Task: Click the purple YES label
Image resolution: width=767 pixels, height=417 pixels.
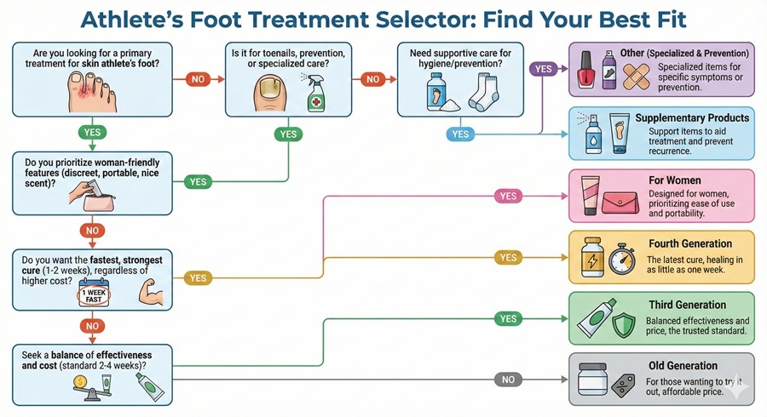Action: tap(544, 67)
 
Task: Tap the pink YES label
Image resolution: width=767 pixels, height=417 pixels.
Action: tap(508, 197)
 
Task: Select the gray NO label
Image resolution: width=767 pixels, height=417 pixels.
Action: tap(508, 380)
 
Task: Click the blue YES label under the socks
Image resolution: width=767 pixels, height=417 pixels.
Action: tap(461, 134)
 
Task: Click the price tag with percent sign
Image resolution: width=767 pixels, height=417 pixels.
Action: tap(627, 384)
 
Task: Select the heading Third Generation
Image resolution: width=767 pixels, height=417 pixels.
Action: tap(687, 305)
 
